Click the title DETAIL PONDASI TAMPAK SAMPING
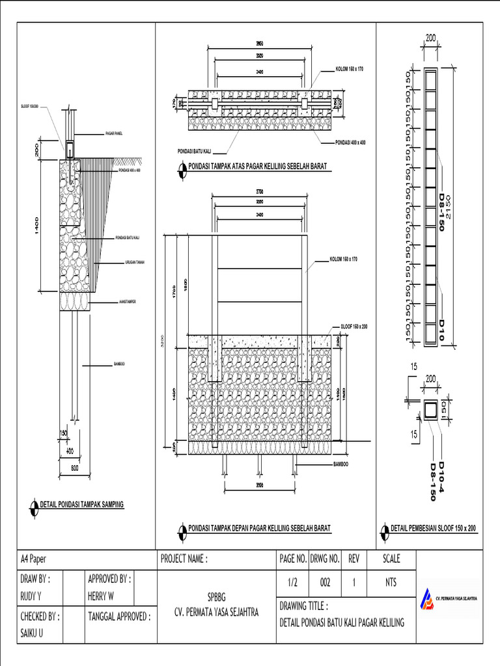pyautogui.click(x=82, y=504)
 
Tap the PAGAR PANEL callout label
pyautogui.click(x=114, y=133)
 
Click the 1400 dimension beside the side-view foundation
pyautogui.click(x=38, y=226)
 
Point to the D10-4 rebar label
pyautogui.click(x=441, y=475)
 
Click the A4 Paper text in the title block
pyautogui.click(x=34, y=559)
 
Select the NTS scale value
pyautogui.click(x=391, y=583)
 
